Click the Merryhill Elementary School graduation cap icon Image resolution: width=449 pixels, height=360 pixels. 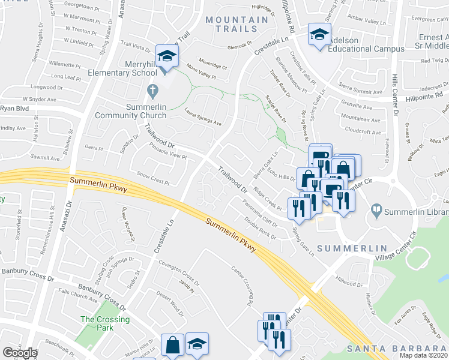166,56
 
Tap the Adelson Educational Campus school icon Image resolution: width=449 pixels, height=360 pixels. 319,34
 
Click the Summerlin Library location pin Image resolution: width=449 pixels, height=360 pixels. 376,211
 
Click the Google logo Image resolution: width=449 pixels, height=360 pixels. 20,353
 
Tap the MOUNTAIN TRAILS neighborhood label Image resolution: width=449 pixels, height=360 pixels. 237,25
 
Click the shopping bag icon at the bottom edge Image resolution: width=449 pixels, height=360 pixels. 172,345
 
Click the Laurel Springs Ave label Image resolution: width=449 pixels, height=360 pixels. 203,115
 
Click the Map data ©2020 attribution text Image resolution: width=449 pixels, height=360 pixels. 424,355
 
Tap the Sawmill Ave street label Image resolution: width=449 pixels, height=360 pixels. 46,158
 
